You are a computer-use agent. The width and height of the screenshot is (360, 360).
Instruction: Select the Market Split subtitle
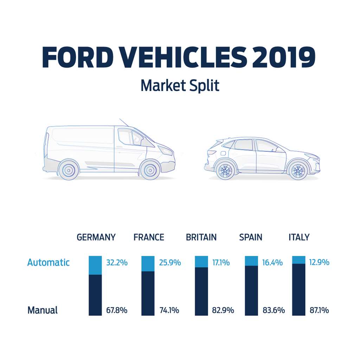coord(180,85)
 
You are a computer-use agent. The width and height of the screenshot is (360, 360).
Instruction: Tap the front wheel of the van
coord(150,169)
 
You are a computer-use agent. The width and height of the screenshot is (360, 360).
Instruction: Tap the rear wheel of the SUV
coord(225,171)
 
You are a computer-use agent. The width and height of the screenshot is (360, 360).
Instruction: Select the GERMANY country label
coord(96,237)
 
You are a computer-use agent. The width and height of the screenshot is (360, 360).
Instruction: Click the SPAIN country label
coord(251,237)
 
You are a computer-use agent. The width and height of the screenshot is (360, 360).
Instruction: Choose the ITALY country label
coord(299,237)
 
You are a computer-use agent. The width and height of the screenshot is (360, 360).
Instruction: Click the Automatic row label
coord(49,263)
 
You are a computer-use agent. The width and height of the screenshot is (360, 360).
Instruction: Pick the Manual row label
coord(43,310)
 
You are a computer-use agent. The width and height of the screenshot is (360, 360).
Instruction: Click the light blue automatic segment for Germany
coord(95,265)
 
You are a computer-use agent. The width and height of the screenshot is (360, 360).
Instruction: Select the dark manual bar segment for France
coord(147,293)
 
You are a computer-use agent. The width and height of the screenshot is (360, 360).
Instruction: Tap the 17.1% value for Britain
coord(220,263)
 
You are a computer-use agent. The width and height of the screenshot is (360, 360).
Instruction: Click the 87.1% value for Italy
coord(319,310)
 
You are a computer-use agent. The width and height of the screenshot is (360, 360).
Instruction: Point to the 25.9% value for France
coord(170,263)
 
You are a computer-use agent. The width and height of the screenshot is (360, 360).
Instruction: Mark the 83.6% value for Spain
coord(274,310)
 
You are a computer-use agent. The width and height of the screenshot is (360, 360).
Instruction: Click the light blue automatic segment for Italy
coord(298,260)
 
